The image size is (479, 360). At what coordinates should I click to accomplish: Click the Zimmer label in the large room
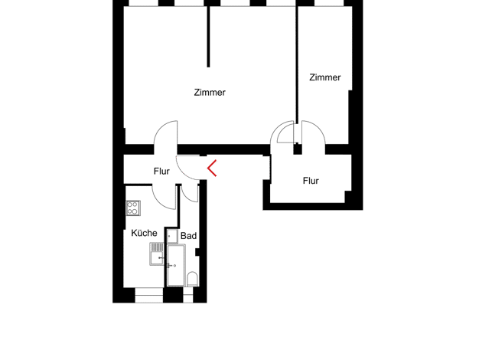click(210, 93)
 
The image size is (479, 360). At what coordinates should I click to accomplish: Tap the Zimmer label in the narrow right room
click(324, 77)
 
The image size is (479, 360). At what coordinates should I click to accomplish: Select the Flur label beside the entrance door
click(161, 172)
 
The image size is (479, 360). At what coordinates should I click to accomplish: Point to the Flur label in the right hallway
click(311, 181)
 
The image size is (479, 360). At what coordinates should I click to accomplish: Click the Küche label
click(144, 233)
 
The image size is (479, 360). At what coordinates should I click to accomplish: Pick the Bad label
click(188, 236)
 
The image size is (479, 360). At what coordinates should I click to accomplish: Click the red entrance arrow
click(212, 168)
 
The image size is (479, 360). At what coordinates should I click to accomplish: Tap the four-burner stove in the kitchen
click(133, 208)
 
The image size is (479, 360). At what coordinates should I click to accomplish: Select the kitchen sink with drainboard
click(157, 254)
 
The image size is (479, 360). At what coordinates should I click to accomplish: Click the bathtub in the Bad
click(176, 265)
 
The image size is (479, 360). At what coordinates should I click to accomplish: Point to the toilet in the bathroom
click(192, 279)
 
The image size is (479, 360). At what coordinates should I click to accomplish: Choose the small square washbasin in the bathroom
click(172, 236)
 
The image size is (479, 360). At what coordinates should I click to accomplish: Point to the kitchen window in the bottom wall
click(148, 295)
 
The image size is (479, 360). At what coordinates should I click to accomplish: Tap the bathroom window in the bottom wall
click(188, 295)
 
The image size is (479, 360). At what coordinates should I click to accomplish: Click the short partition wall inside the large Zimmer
click(208, 37)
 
